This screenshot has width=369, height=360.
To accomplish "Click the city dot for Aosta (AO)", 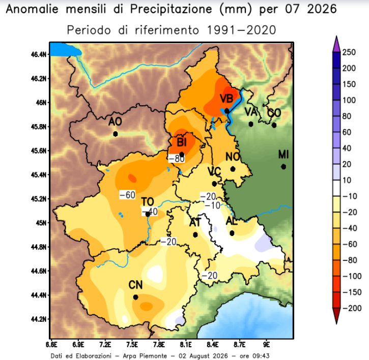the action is click(116, 134).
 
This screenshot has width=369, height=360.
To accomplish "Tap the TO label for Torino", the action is click(148, 202).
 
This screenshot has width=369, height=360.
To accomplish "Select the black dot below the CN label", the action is click(135, 297).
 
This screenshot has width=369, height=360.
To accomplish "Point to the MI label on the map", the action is click(283, 155).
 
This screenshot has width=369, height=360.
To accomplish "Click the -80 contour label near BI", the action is click(177, 159).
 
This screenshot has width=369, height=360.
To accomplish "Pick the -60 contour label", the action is click(127, 195).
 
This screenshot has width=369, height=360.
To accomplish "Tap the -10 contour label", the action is click(212, 205).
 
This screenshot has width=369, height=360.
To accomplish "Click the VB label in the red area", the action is click(226, 99).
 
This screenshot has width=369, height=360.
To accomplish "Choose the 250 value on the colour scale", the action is click(349, 52).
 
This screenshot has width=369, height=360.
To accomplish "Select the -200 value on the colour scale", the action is click(352, 308).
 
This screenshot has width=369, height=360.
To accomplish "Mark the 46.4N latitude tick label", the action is click(39, 54).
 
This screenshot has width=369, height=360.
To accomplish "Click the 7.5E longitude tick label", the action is click(132, 344).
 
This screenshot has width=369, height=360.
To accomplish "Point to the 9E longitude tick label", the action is click(266, 344).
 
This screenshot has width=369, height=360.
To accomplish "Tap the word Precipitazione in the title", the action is click(171, 9).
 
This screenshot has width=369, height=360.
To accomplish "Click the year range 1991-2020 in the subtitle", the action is click(241, 30).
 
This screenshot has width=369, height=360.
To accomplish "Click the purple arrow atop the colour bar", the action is click(336, 44).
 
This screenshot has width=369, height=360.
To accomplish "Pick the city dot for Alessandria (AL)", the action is click(232, 233).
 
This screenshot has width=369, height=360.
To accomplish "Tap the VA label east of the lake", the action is click(251, 112).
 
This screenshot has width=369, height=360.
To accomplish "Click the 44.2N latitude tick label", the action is click(39, 319).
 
